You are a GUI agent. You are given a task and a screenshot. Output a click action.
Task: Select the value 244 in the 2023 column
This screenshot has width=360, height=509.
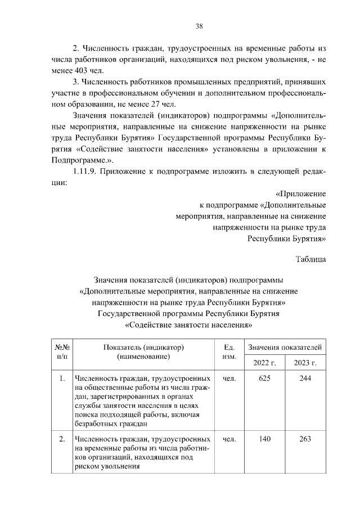coord(305,379)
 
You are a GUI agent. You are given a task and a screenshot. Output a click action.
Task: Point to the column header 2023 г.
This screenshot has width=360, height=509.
coord(305,362)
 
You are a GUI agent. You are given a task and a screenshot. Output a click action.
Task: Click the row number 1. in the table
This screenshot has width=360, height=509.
coord(62,379)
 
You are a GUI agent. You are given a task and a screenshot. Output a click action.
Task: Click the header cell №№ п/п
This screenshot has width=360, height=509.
coord(62,352)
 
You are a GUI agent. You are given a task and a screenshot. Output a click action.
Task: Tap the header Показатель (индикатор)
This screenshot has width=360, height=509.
coord(144,347)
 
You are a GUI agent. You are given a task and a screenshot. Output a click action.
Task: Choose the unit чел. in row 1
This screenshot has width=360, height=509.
coord(229,379)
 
